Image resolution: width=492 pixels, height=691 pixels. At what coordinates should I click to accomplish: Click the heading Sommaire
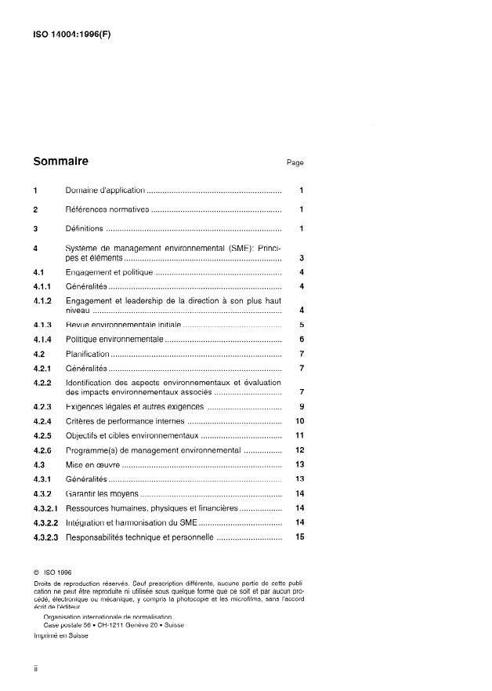coord(61,162)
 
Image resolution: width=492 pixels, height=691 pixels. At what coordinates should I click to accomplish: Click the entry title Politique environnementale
coord(114,339)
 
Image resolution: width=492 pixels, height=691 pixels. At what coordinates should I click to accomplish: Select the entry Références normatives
coord(107,210)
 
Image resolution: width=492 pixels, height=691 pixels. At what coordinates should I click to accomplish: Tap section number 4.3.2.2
coord(46,522)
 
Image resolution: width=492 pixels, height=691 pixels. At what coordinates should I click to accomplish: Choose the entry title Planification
coord(88,355)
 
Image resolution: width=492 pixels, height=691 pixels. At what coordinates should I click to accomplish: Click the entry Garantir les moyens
coord(102,493)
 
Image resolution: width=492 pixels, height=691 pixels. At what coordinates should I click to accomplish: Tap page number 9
coord(301,406)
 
